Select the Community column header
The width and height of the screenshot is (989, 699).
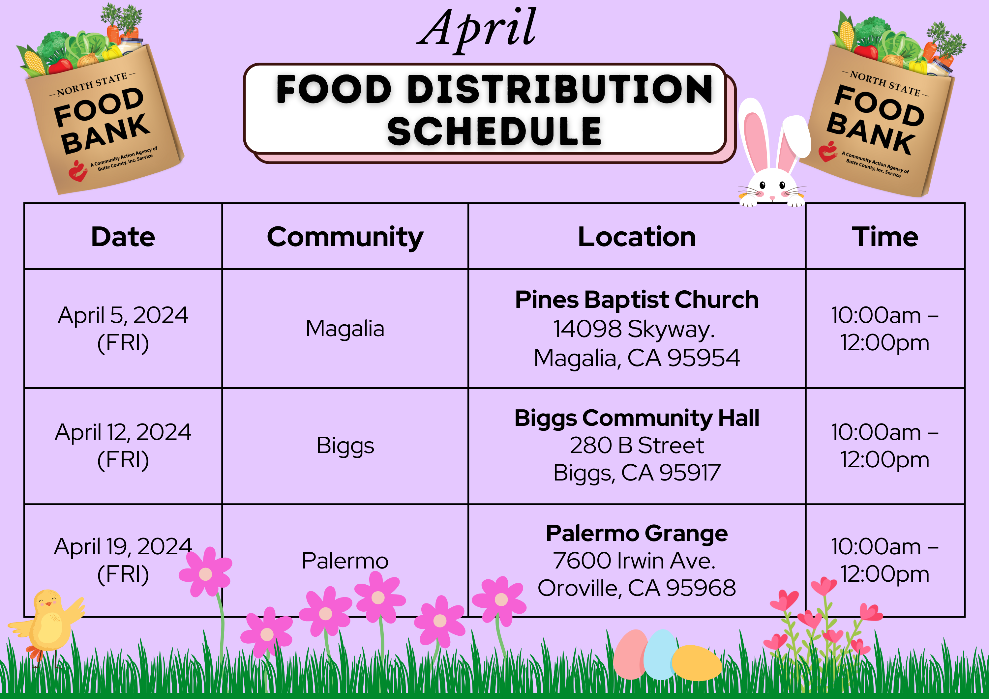(x=345, y=237)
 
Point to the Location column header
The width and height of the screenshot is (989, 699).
(x=637, y=237)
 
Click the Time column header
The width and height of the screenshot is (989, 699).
(x=885, y=237)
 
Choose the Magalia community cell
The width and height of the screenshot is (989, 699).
(x=345, y=329)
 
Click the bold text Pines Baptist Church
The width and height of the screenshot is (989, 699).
(x=637, y=300)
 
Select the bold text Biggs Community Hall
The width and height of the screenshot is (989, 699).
(x=637, y=418)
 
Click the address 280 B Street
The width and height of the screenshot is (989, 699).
(x=637, y=445)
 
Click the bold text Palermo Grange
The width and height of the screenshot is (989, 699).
(x=637, y=533)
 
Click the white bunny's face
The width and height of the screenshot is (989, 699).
(x=772, y=187)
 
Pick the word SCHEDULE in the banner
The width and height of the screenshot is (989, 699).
(x=494, y=131)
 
